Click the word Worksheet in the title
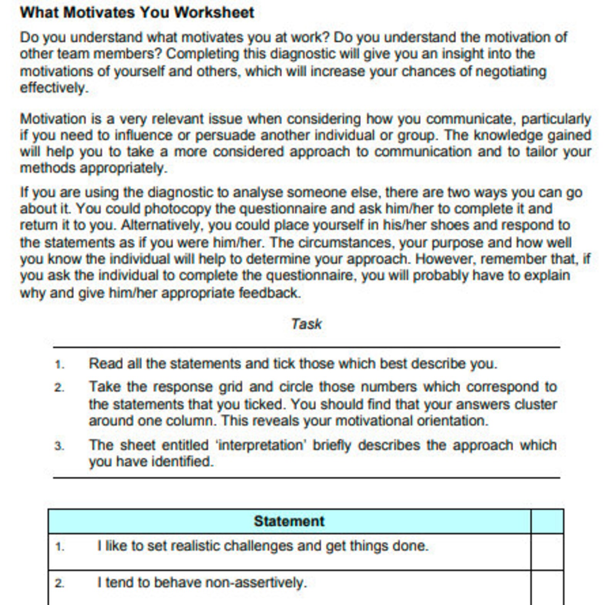pos(214,13)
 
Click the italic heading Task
pos(306,324)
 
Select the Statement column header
pos(289,521)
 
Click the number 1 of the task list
pos(59,365)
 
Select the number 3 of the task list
pos(59,446)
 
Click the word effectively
pos(54,88)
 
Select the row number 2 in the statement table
pos(59,583)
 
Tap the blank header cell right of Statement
pos(547,521)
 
